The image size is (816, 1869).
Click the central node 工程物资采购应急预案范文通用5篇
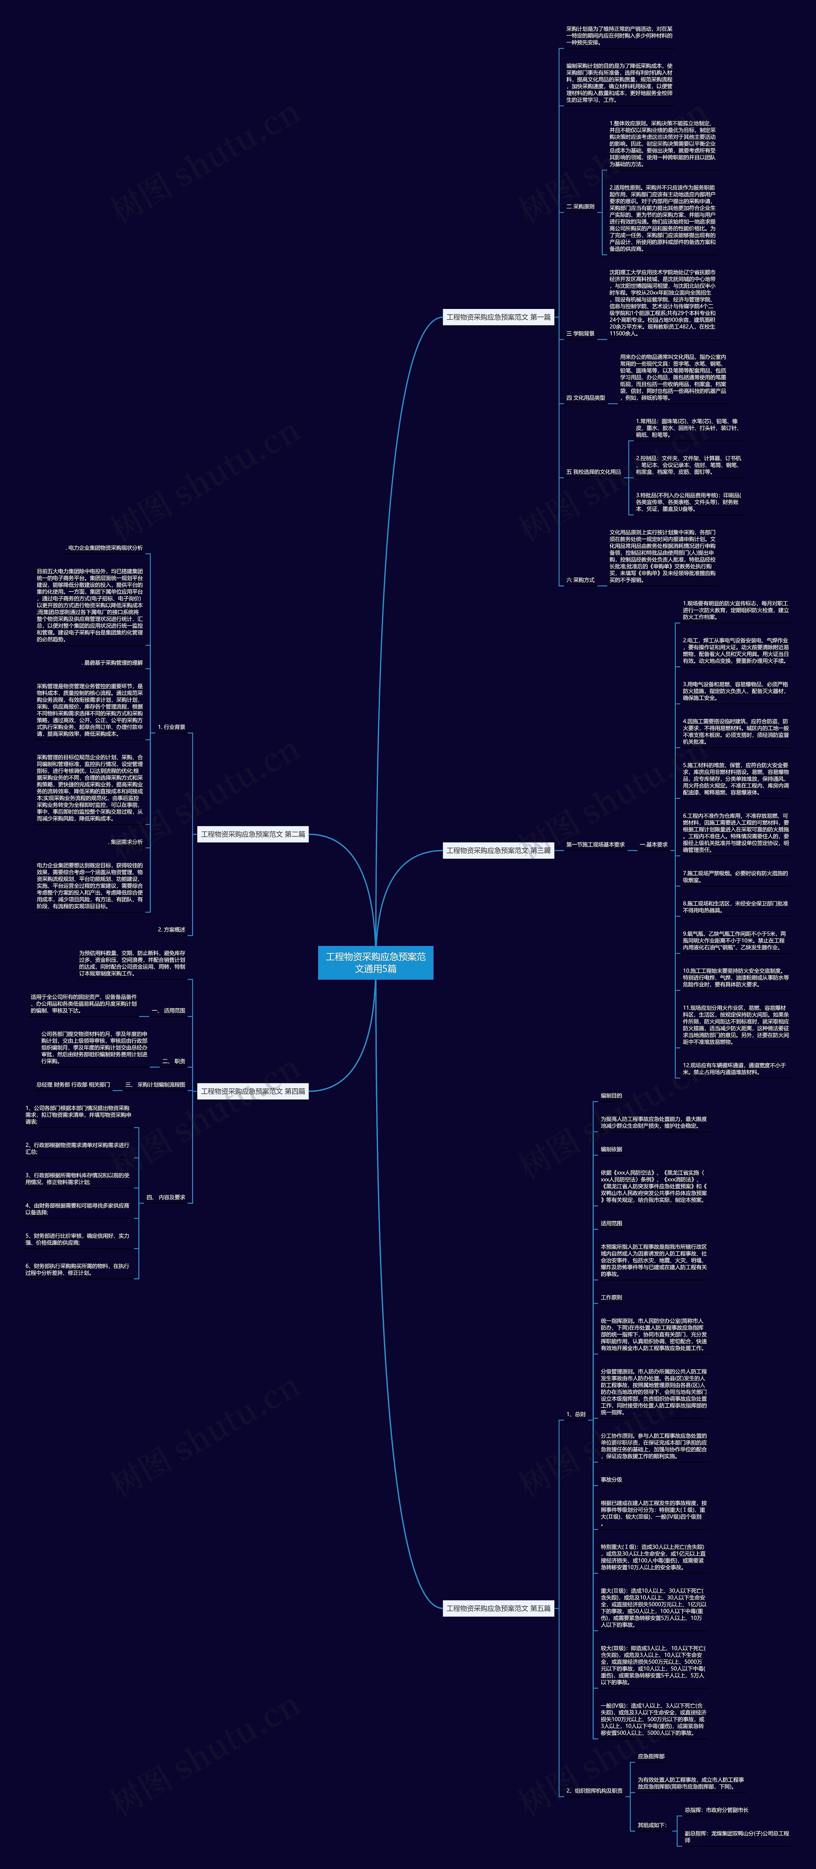tap(375, 962)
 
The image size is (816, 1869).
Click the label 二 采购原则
tap(580, 207)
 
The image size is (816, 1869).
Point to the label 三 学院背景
tap(580, 334)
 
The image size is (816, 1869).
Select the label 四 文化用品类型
tap(585, 397)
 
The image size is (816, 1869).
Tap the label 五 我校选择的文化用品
tap(593, 472)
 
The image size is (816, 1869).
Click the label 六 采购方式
tap(580, 580)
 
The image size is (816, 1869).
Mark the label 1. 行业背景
tap(171, 727)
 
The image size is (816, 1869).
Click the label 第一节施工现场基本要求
tap(595, 845)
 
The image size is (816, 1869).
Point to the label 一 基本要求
tap(653, 845)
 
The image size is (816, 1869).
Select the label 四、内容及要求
tap(165, 1197)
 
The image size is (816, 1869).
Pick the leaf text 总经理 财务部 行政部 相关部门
tap(73, 1085)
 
